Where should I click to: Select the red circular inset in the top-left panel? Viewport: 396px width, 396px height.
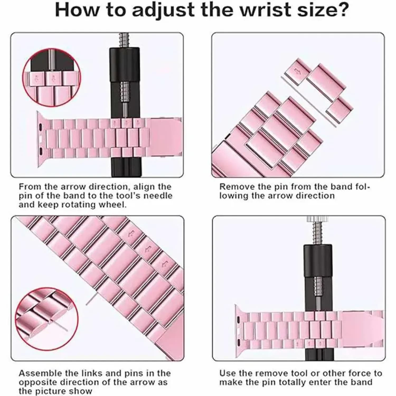(51, 78)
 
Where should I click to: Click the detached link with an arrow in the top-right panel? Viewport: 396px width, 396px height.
(299, 72)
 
